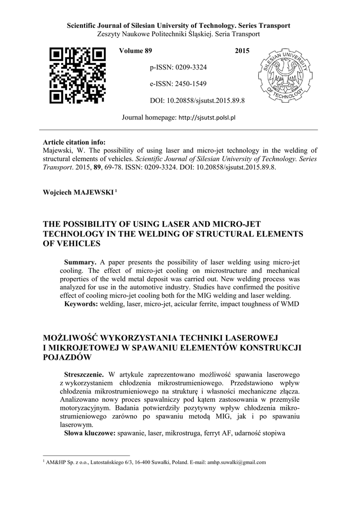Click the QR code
coord(78,75)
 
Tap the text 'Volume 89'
coord(135,51)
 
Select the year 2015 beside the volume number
coord(242,51)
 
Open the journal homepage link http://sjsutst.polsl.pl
coord(206,118)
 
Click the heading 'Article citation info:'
coord(74,142)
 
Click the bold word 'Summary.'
coord(80,261)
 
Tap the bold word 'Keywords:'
coord(82,303)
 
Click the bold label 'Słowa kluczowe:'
coord(90,433)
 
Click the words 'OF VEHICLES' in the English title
coord(72,243)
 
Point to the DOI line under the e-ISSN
coord(197,101)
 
